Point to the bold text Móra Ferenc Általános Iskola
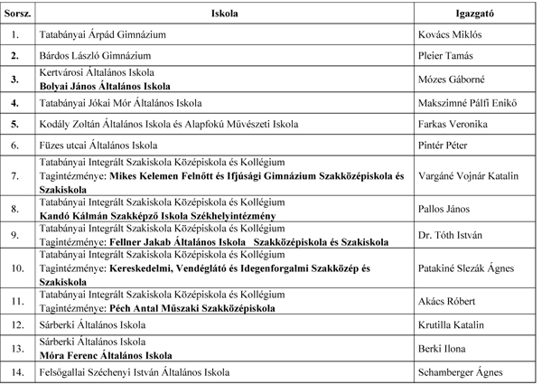pyautogui.click(x=106, y=355)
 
